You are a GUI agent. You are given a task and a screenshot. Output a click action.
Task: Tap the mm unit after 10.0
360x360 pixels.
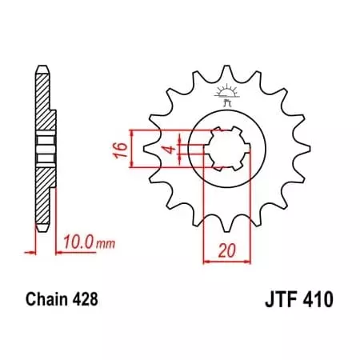(107, 240)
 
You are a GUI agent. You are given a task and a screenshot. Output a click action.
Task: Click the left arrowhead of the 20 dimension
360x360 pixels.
(206, 260)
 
